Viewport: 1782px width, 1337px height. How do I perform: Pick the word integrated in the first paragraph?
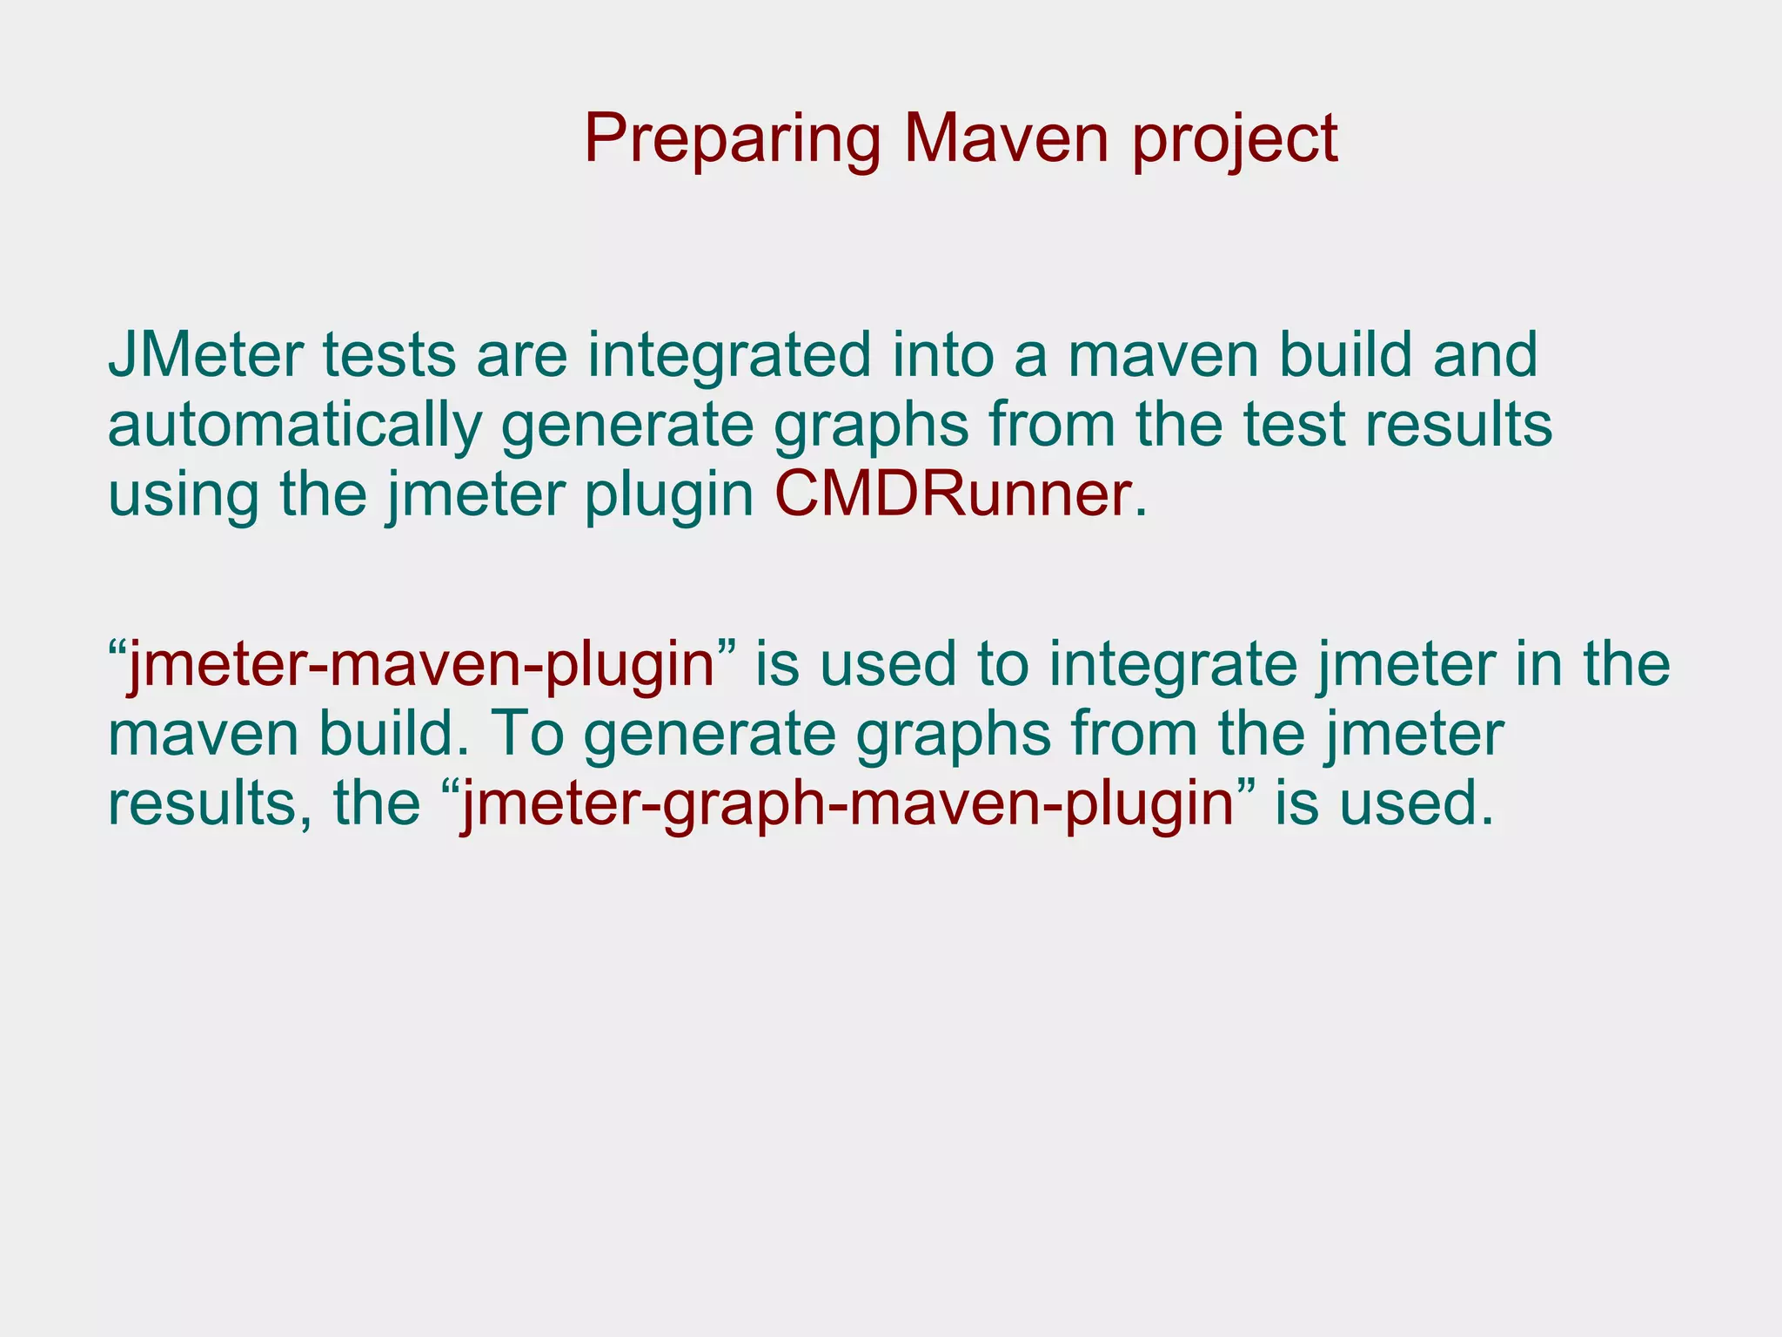pos(728,357)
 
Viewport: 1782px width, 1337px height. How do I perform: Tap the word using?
pos(184,495)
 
